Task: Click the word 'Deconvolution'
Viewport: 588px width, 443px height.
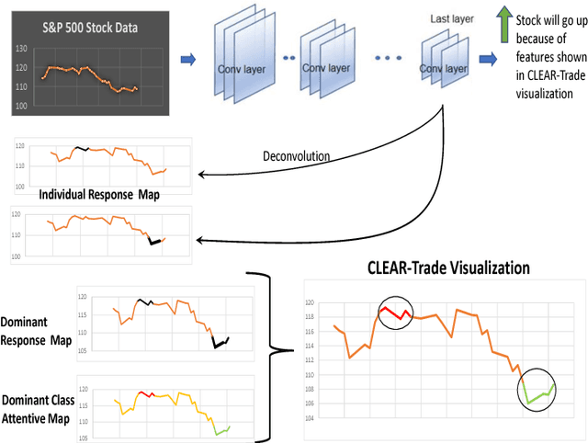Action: [x=296, y=156]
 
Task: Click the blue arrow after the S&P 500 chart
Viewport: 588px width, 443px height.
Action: [x=187, y=61]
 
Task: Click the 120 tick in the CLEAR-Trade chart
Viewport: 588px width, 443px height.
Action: [x=310, y=302]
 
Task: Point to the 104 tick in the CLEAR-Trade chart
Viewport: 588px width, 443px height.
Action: [x=310, y=418]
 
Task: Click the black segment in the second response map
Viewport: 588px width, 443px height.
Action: [x=155, y=242]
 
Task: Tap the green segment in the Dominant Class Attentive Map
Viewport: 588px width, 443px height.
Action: [x=223, y=429]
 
